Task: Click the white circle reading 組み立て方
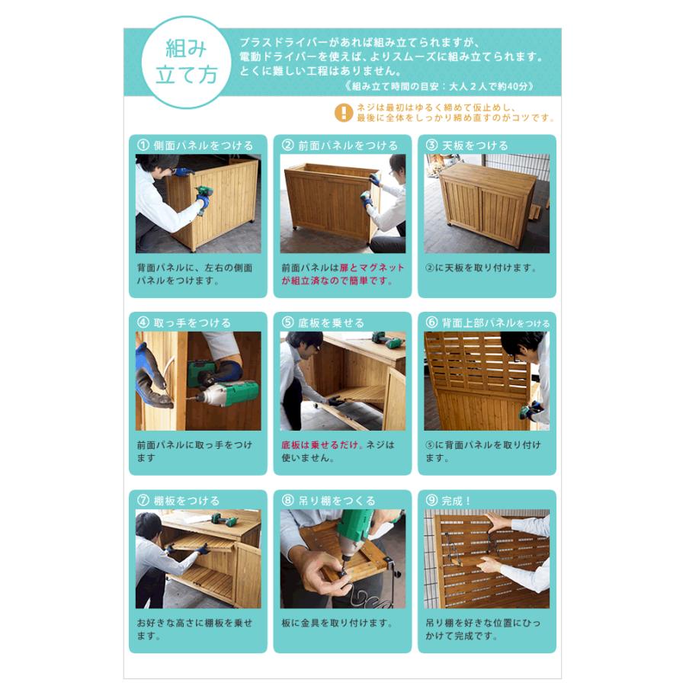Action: pos(187,62)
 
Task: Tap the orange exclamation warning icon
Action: pos(344,113)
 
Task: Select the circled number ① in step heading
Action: pos(143,146)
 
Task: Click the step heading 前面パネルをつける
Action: pos(348,146)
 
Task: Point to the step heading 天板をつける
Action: pos(475,146)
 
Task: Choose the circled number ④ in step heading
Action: pos(143,323)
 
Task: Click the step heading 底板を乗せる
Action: pos(331,323)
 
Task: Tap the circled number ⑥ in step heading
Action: pos(431,323)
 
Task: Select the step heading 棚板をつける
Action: pos(187,501)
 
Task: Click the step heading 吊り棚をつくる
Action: pos(336,501)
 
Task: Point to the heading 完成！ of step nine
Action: pos(456,501)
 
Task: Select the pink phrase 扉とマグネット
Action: pos(372,268)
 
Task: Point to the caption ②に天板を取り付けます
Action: pos(480,268)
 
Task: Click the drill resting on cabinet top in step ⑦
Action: pos(223,520)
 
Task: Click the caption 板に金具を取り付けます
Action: pos(336,623)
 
